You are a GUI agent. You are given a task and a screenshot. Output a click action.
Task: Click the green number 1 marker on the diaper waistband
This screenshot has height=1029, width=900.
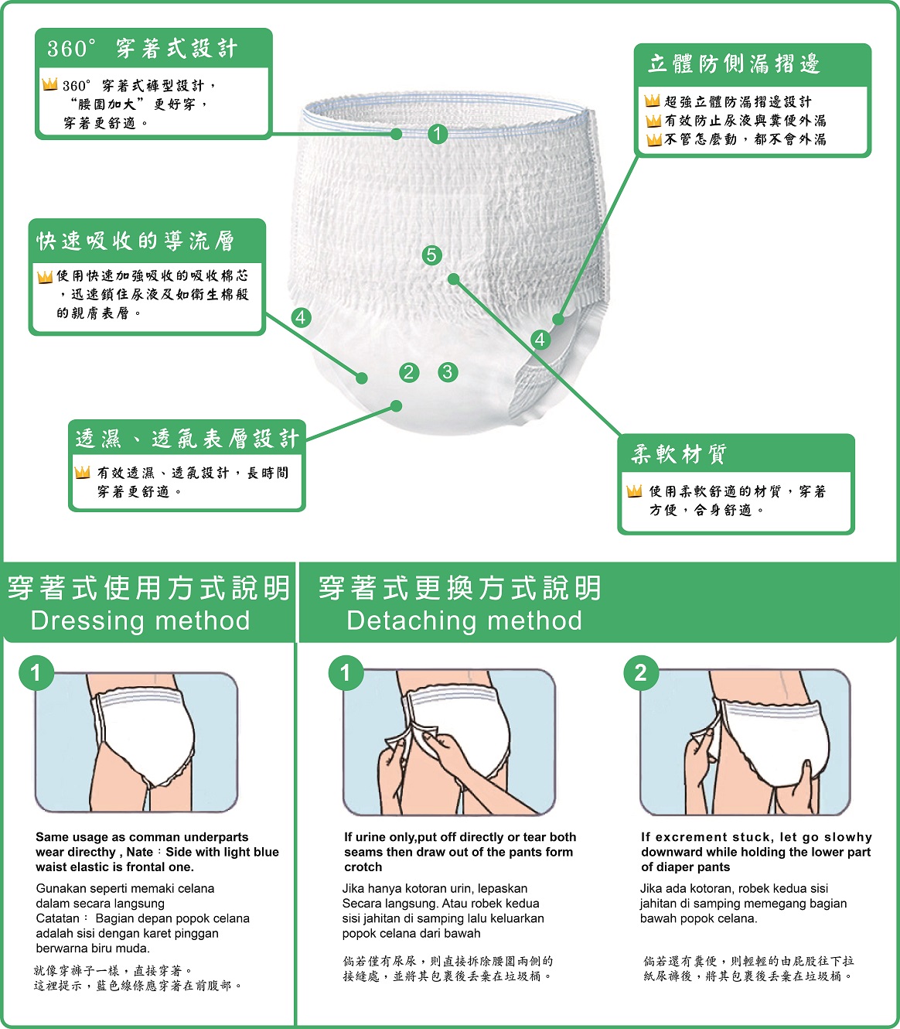tap(438, 134)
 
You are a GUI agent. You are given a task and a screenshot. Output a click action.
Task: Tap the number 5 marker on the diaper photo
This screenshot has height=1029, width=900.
tap(431, 255)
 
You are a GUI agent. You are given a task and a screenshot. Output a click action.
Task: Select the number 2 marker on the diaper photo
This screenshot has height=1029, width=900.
tap(409, 372)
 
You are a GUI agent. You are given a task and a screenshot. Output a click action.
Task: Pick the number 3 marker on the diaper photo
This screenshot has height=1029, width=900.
tap(448, 372)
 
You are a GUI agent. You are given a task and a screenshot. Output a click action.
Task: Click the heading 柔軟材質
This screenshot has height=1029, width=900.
tap(679, 454)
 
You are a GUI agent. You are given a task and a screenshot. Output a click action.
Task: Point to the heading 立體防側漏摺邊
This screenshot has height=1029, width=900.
tap(735, 64)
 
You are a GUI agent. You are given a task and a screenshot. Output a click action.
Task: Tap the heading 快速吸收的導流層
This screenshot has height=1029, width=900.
tap(135, 241)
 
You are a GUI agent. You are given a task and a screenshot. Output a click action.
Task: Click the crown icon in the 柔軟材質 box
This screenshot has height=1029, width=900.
tap(634, 491)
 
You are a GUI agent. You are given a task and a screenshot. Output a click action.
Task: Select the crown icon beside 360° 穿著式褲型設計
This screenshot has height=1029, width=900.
tap(49, 84)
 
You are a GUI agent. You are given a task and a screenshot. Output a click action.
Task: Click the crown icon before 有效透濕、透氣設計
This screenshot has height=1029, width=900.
tap(82, 472)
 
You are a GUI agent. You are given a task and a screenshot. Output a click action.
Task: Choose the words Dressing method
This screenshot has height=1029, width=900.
tap(140, 620)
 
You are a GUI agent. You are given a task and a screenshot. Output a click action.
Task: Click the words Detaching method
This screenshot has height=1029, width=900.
tap(465, 620)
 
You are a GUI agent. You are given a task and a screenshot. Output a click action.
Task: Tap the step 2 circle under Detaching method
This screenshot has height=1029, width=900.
tap(641, 672)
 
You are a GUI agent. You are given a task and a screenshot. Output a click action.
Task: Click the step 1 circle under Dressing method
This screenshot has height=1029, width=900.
tap(36, 672)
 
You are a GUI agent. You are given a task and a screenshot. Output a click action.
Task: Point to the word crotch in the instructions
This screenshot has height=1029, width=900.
tap(363, 867)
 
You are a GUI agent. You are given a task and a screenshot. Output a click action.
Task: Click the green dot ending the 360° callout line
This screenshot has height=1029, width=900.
tap(396, 134)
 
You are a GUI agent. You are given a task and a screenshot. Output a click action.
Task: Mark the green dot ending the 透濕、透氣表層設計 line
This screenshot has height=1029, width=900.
tap(396, 406)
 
